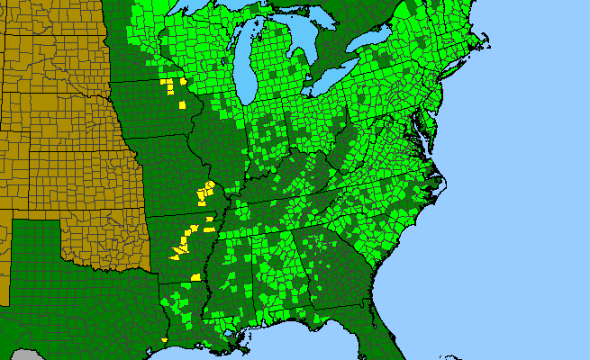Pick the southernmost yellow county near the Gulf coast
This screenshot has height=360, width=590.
pyautogui.click(x=165, y=339)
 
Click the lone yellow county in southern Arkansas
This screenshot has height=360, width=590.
pyautogui.click(x=195, y=277)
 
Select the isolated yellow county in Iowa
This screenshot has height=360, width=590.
pyautogui.click(x=182, y=104)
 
